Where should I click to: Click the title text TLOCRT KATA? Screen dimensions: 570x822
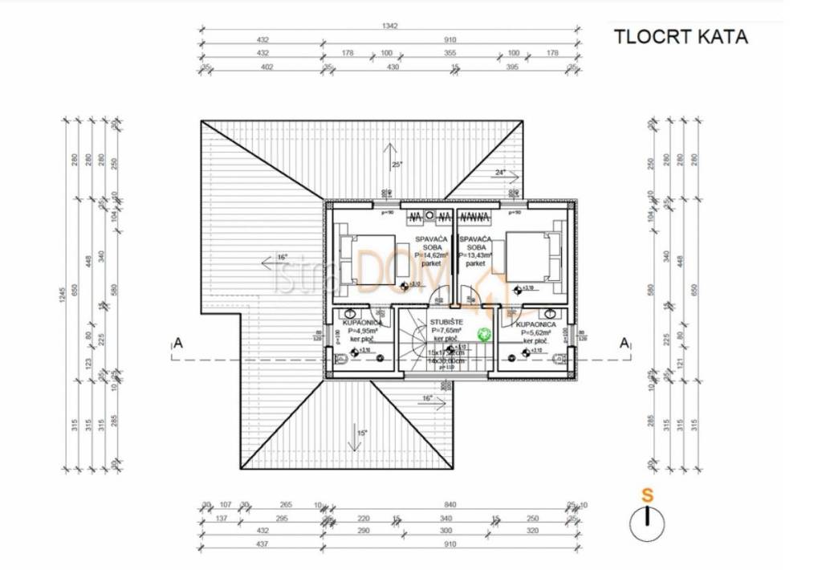click(x=680, y=37)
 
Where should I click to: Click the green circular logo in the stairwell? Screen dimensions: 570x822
click(x=484, y=334)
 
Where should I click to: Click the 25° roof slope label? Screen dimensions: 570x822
click(x=396, y=165)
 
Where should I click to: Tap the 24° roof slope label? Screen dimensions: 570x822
click(x=500, y=172)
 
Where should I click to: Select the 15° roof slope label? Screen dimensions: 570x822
click(x=362, y=433)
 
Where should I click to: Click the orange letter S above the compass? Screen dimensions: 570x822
click(x=647, y=495)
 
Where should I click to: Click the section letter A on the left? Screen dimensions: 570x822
click(x=178, y=344)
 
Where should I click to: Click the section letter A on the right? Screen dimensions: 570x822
click(x=622, y=343)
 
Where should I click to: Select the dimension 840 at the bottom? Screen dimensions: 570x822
click(x=453, y=506)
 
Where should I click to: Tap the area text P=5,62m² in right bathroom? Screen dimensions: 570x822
click(x=537, y=332)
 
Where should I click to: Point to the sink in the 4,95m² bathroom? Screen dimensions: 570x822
click(x=350, y=314)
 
